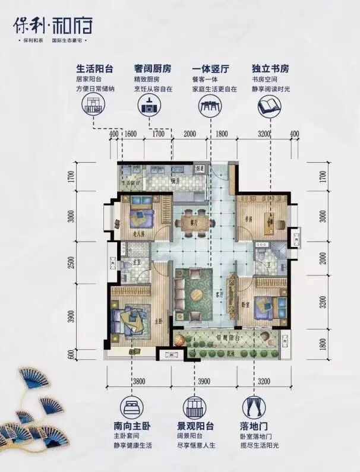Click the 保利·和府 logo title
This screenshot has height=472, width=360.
(x=52, y=25)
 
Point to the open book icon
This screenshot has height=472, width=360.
(x=269, y=107)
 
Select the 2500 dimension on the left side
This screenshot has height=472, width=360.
(x=72, y=262)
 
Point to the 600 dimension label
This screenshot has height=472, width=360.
(x=72, y=354)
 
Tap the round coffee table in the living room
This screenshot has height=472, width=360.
(x=200, y=294)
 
